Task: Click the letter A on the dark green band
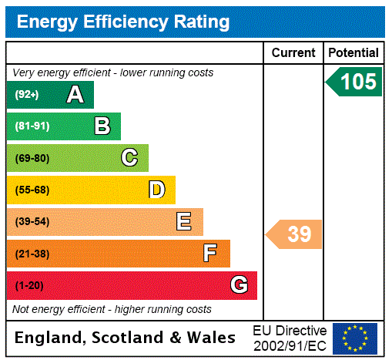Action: point(75,95)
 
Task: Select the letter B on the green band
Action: point(102,126)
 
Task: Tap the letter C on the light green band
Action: point(129,158)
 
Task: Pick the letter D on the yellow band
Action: point(156,190)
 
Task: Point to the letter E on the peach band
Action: point(184,222)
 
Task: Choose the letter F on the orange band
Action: point(210,254)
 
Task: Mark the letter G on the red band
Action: point(239,286)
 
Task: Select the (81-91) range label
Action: point(32,126)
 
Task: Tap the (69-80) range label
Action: point(32,158)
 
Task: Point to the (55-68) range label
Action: point(32,190)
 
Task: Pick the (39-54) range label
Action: point(32,222)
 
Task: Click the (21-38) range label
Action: point(32,254)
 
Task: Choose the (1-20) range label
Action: point(29,286)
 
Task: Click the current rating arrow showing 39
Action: point(295,234)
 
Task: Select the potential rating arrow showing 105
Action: point(355,81)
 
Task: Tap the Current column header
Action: point(293,53)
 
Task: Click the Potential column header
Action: point(353,53)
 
